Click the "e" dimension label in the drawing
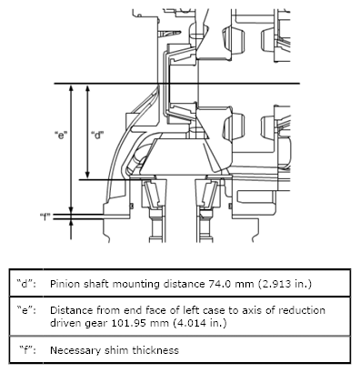pos(61,136)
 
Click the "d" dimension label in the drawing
pos(97,136)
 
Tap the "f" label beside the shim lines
pos(45,217)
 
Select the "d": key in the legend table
pos(26,284)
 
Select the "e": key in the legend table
pos(26,310)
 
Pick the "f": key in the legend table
pos(27,350)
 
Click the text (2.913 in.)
pos(285,284)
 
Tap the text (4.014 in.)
pos(200,323)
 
